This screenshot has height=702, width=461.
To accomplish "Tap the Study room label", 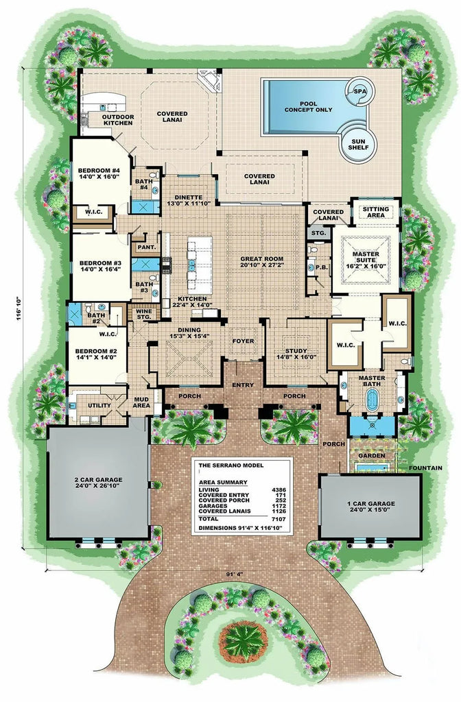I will click(296, 353).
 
